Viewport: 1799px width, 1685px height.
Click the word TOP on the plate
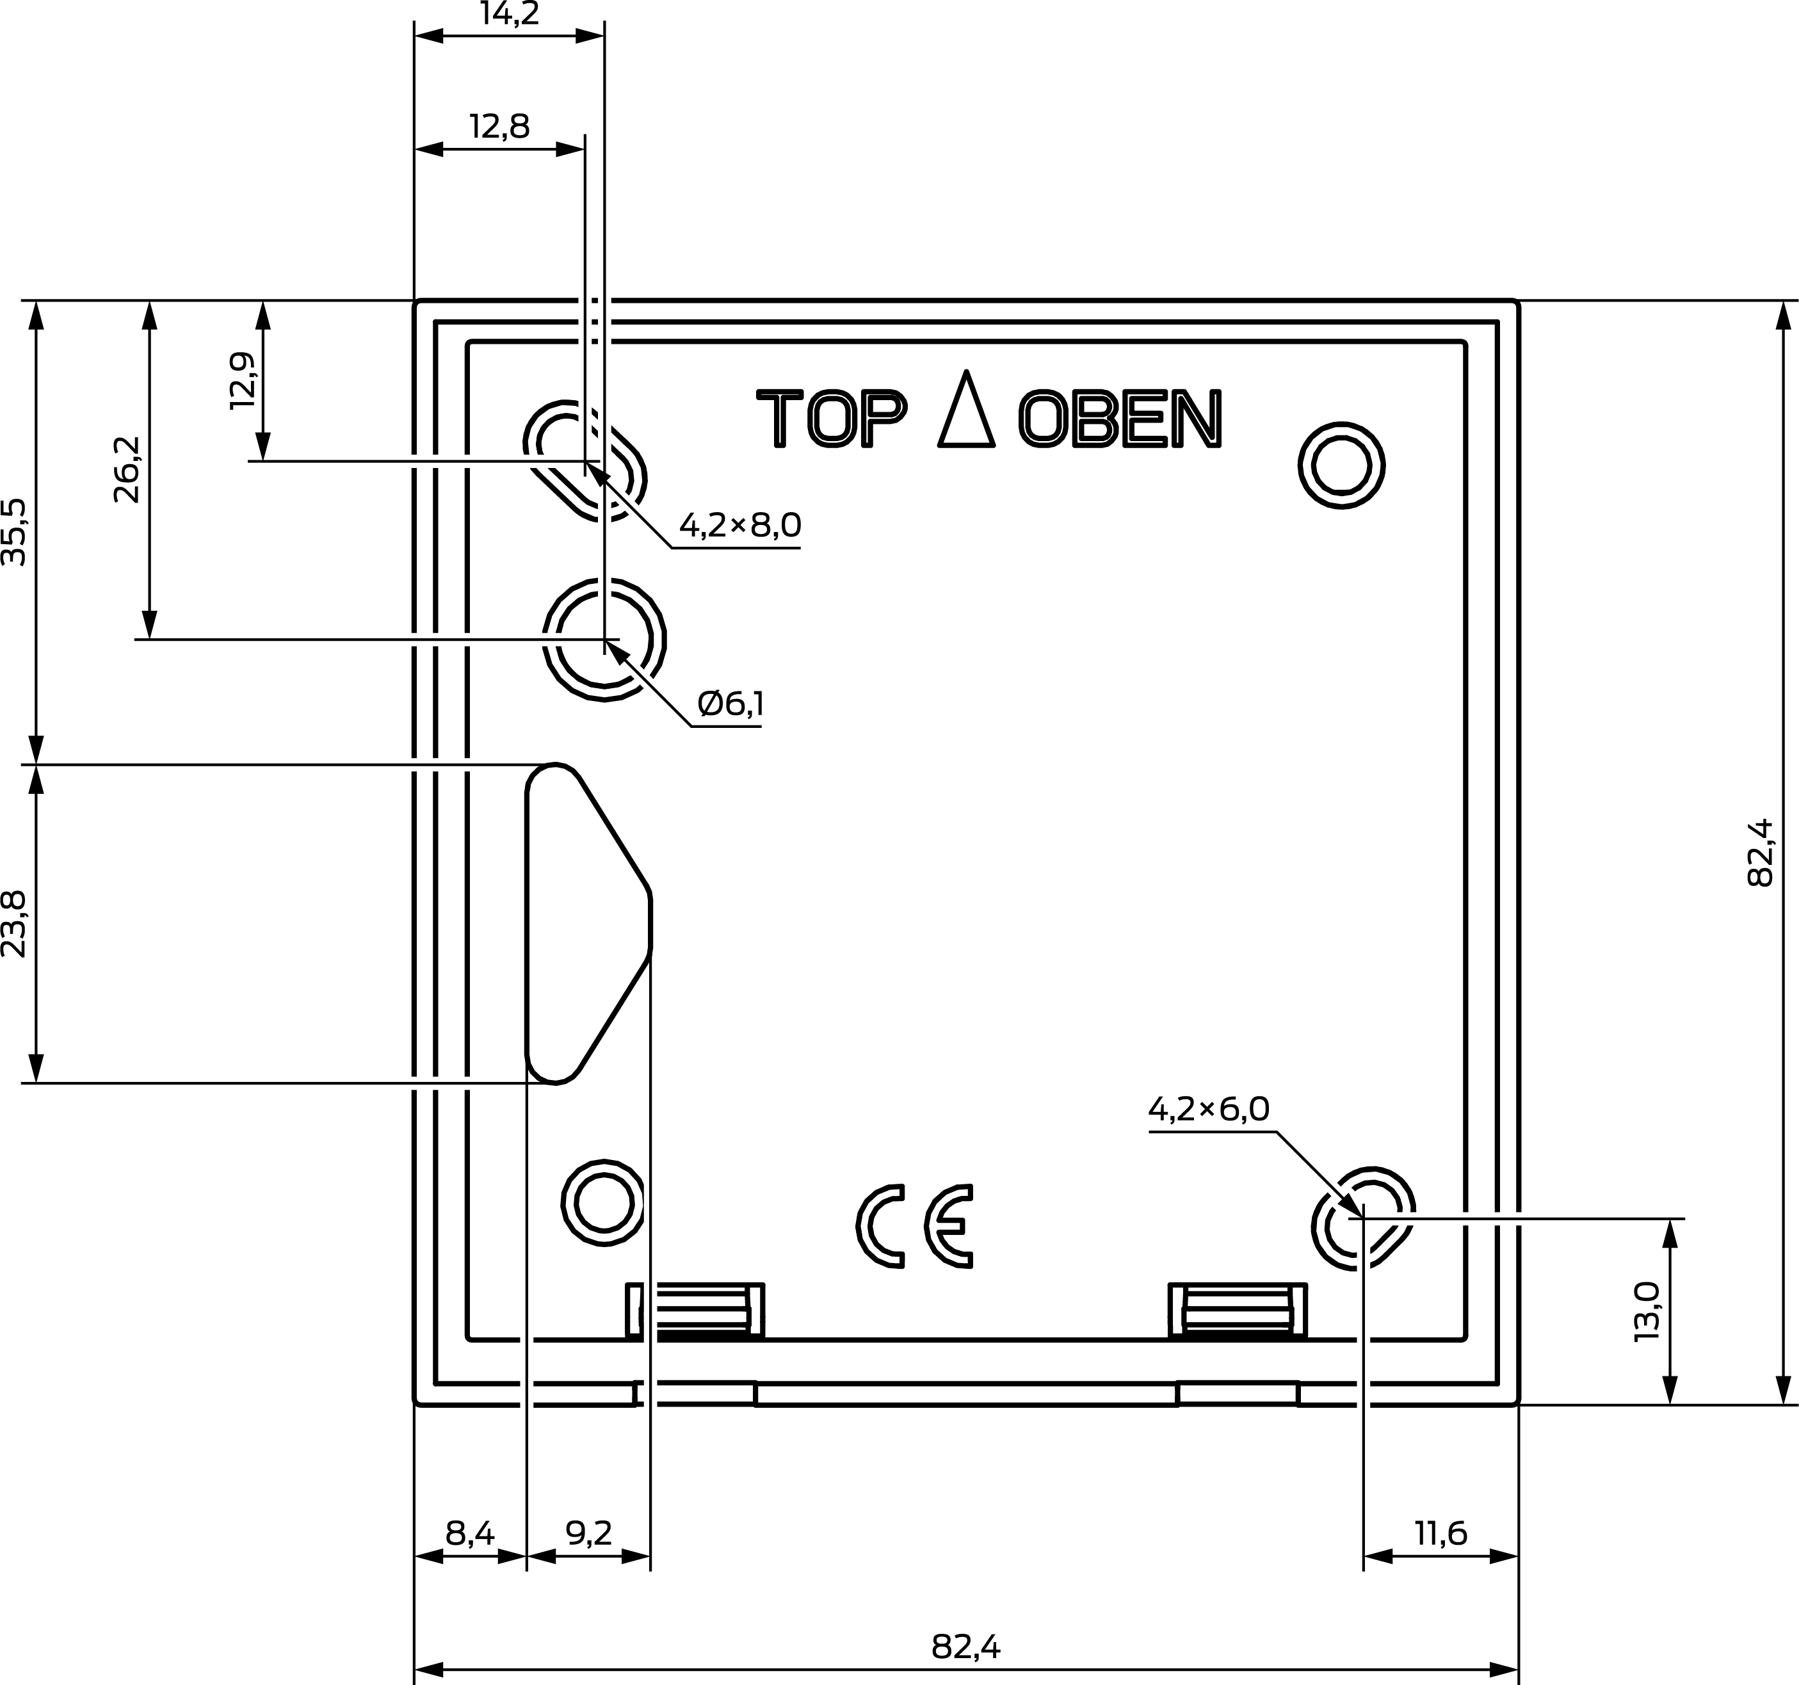[832, 418]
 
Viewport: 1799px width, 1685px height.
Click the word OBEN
[1120, 418]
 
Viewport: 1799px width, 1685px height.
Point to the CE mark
[915, 1226]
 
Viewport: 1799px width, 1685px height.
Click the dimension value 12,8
[499, 125]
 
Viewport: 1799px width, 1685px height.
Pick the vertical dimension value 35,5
[15, 532]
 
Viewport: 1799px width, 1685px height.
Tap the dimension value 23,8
[15, 923]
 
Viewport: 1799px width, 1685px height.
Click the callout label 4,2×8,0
[740, 525]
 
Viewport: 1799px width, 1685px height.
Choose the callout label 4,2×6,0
[1209, 1109]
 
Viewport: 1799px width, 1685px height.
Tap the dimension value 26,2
[127, 470]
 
